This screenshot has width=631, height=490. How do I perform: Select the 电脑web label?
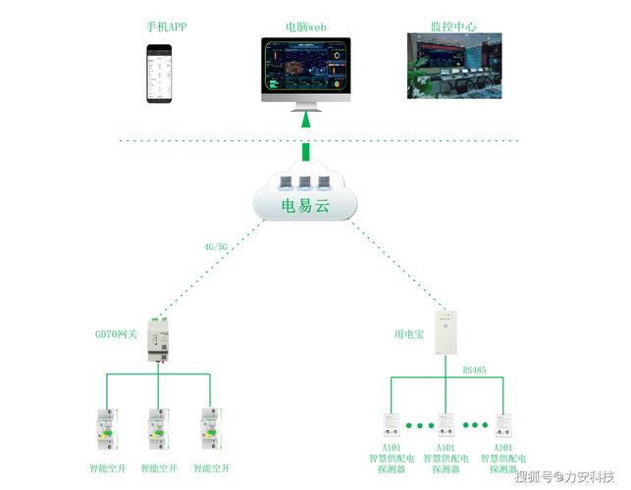tap(305, 27)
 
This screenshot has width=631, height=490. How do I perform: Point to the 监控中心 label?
tap(453, 26)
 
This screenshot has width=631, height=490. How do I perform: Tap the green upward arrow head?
tap(306, 120)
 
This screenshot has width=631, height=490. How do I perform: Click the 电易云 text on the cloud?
tap(305, 206)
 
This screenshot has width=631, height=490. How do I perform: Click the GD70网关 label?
tap(115, 335)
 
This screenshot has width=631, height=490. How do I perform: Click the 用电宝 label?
tap(408, 335)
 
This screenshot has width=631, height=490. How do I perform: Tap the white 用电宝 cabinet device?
tap(447, 335)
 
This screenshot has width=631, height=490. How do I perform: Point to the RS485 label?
tap(474, 370)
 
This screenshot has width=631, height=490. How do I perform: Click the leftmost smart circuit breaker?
tap(104, 429)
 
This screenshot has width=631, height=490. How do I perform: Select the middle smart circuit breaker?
tap(157, 429)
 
